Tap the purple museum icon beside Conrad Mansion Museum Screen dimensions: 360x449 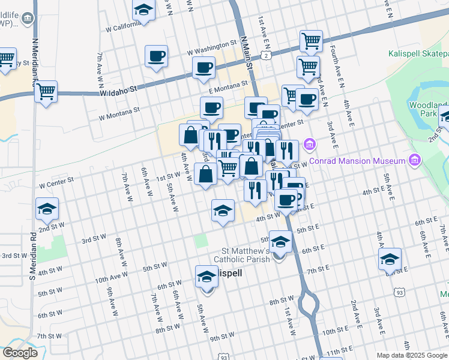(414, 160)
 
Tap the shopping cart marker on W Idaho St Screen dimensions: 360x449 (46, 92)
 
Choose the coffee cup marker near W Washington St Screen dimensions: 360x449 (156, 56)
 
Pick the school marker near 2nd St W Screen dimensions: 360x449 (47, 209)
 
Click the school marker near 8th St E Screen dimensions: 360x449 (390, 259)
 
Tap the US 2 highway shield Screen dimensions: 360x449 (265, 56)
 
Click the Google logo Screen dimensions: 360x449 (20, 353)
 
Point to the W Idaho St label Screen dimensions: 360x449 (119, 91)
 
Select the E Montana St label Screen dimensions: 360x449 (228, 87)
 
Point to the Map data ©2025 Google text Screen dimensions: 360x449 (411, 355)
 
